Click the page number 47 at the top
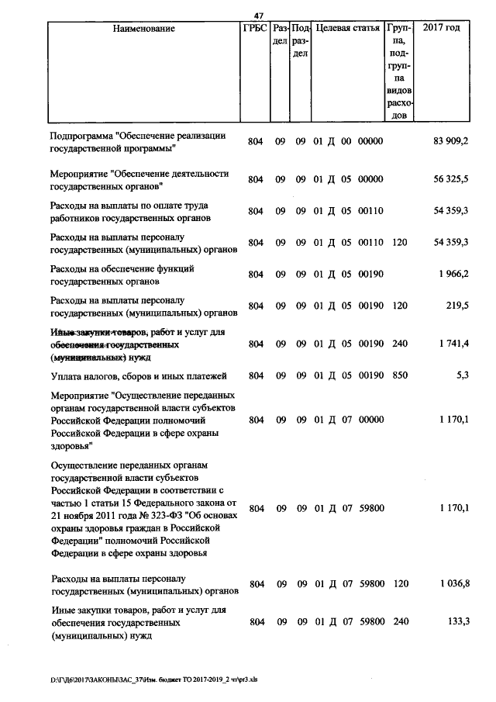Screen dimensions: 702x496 259,15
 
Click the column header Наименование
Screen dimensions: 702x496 143,29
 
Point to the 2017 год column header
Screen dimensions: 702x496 441,29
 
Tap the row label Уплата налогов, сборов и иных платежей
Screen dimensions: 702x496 138,376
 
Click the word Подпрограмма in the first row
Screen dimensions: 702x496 80,136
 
